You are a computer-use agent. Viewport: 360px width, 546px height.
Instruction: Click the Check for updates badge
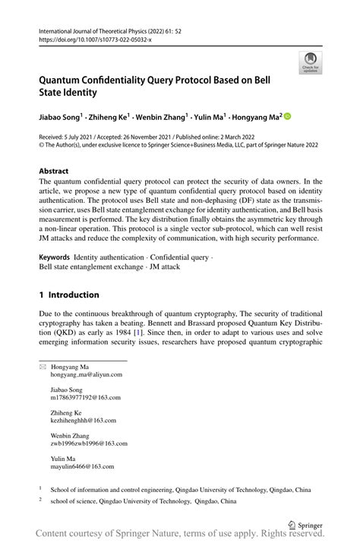(310, 63)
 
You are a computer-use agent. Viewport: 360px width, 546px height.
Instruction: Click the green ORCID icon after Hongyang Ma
(287, 117)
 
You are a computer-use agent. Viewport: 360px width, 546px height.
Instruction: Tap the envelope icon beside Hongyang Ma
(43, 367)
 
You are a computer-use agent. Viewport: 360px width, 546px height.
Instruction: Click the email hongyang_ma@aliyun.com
(86, 375)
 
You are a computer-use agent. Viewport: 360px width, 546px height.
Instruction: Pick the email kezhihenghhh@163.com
(84, 419)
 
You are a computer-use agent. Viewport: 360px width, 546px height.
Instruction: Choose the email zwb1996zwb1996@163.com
(91, 443)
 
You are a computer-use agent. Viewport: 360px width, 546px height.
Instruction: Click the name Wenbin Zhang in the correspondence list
(70, 435)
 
